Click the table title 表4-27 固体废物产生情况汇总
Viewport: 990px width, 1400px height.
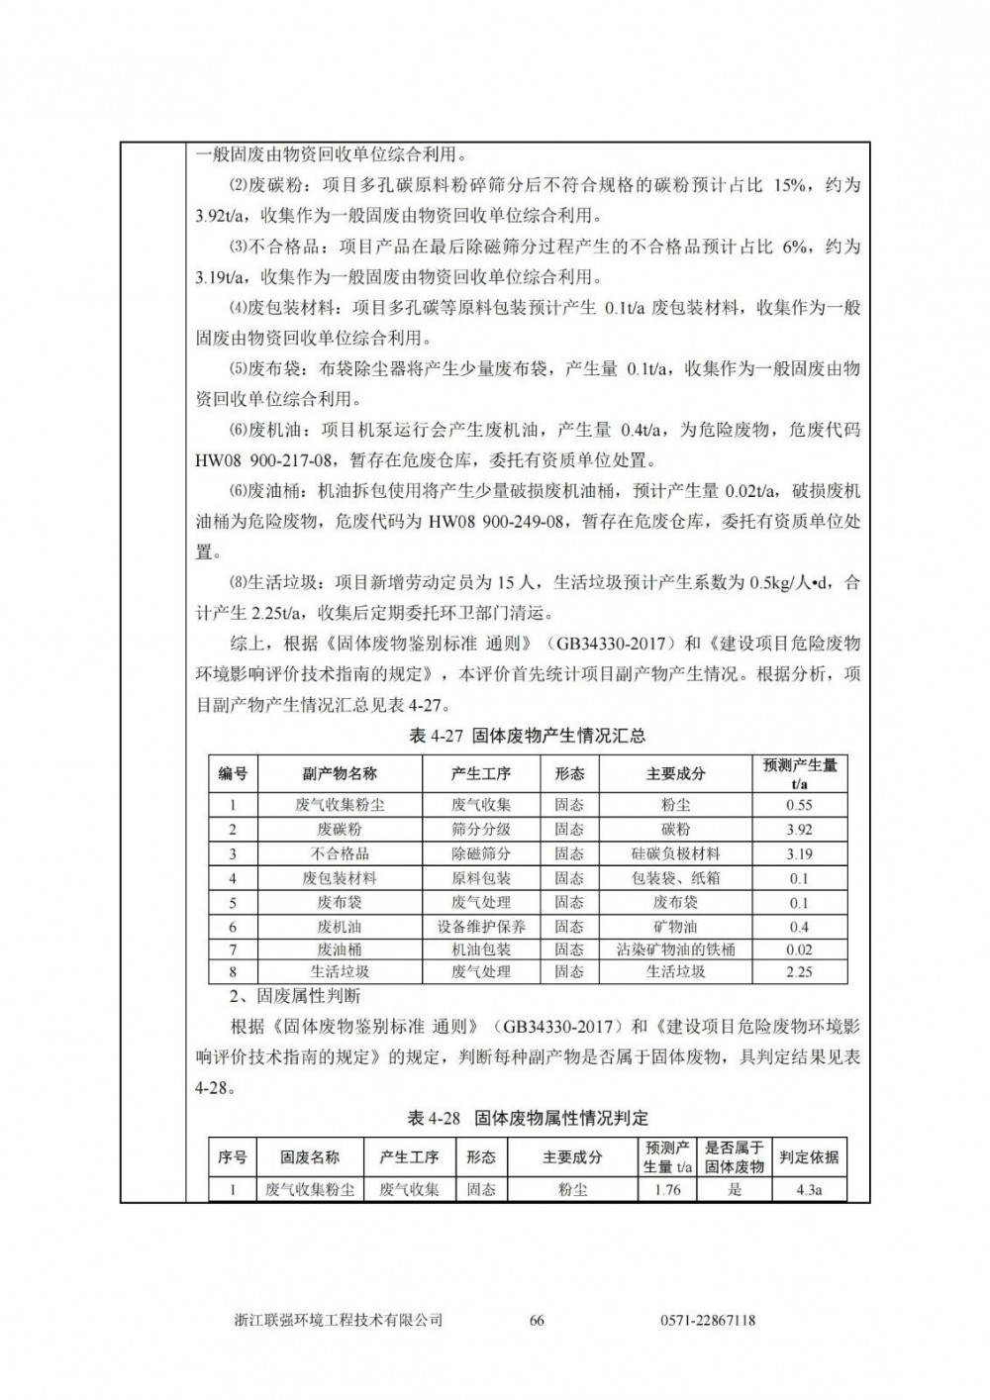coord(527,736)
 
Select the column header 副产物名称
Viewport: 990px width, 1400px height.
coord(339,773)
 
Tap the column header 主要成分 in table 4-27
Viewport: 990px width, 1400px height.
coord(675,773)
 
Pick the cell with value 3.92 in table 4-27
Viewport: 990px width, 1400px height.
coord(799,830)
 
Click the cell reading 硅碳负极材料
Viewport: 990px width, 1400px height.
coord(675,853)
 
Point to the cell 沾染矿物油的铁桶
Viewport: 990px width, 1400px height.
coord(675,950)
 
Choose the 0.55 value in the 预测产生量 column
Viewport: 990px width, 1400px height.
coord(799,805)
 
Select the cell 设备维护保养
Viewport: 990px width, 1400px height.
coord(481,927)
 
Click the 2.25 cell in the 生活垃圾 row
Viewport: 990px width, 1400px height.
coord(799,972)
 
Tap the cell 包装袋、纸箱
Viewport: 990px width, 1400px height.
coord(675,878)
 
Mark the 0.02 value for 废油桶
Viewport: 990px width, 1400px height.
coord(799,950)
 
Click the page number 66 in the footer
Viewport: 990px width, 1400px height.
coord(538,1320)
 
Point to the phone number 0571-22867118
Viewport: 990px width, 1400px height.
coord(707,1320)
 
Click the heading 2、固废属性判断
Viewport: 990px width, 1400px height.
coord(275,996)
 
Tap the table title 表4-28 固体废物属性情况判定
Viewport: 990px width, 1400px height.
coord(528,1118)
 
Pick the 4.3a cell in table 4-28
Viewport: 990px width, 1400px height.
coord(809,1189)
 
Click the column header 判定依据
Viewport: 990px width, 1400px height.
coord(809,1156)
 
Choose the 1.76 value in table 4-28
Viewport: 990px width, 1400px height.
coord(667,1189)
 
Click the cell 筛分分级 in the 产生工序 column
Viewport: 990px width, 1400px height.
coord(481,830)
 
